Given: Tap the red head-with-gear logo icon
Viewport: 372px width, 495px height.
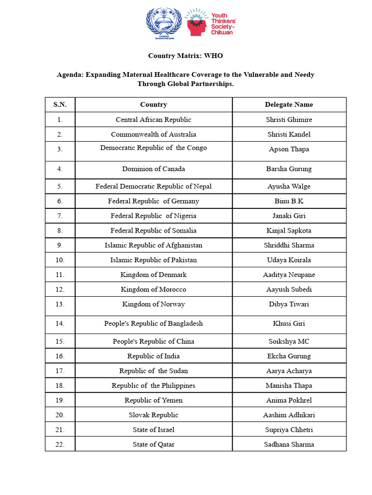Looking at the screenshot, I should (x=197, y=23).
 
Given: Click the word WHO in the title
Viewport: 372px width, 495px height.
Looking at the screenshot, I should (x=213, y=56).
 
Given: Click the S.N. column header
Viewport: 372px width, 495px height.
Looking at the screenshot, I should (x=60, y=104).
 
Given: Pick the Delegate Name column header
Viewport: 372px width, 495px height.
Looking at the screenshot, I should (x=289, y=104).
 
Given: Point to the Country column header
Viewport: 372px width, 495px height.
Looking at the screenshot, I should (x=154, y=104).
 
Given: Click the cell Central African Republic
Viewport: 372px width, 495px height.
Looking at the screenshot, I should (x=154, y=119).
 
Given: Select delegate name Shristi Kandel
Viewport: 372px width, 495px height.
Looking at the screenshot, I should (x=289, y=134).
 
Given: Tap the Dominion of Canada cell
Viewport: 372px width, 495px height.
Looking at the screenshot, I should (x=154, y=169).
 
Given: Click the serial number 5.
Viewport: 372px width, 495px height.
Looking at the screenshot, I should (x=60, y=187).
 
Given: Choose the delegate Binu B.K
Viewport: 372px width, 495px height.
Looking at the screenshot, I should (x=289, y=201).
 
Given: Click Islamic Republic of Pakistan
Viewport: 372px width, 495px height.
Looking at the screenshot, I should (x=154, y=260).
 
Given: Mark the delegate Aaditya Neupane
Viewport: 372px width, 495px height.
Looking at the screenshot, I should (x=289, y=275).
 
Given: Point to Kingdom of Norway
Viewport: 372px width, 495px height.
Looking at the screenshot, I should (x=154, y=304).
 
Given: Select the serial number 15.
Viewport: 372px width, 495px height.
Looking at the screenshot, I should (x=60, y=341).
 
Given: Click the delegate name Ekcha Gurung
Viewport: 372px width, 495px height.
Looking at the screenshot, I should (x=289, y=356).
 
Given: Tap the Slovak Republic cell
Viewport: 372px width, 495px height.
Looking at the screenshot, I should (x=154, y=415).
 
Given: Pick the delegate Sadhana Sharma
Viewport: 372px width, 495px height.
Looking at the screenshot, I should (x=289, y=444).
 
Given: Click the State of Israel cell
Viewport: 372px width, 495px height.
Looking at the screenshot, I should (x=154, y=430).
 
